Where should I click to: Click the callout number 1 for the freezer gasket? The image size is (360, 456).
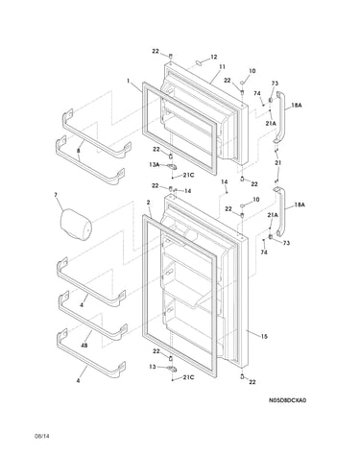coord(129,81)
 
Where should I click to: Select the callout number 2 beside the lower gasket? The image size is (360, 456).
coord(149,203)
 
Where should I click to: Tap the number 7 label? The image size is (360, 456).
coord(56,194)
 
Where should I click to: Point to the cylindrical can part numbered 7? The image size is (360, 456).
coord(76,224)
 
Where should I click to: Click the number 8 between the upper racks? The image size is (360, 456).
coord(79,151)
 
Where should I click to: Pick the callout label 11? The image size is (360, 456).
coord(222,66)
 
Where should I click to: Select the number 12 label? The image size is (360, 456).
coord(214,57)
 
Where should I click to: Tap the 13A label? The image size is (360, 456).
coord(154,164)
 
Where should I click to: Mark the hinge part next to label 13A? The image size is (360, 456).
coord(172,166)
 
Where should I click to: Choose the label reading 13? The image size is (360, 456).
coord(153,367)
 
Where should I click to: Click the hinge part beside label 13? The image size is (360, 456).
coord(172,369)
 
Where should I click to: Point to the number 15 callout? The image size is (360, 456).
coord(264,336)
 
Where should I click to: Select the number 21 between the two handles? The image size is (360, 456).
coord(278,163)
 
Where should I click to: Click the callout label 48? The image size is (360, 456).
coord(84,346)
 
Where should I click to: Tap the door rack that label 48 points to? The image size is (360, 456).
coord(92,318)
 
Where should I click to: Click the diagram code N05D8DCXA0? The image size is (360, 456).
coord(287,400)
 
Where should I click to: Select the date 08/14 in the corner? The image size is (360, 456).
coord(42,436)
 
